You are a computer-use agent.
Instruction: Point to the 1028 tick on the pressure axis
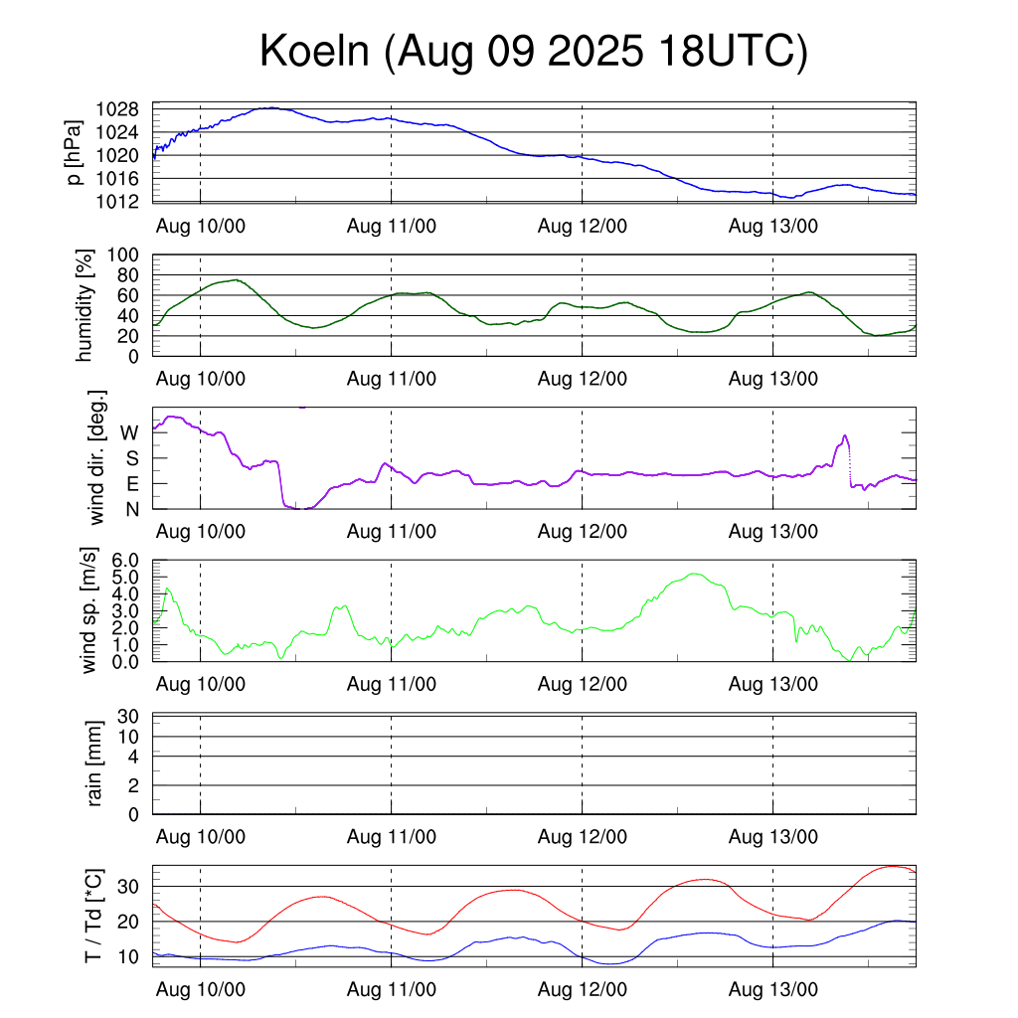pos(124,109)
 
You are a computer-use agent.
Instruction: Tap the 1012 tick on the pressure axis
pos(124,202)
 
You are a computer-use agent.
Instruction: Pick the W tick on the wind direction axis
pos(130,432)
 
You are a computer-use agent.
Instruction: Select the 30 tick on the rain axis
pos(130,716)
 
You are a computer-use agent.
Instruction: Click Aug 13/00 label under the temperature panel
pos(773,989)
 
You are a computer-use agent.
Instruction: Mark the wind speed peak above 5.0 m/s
pos(694,574)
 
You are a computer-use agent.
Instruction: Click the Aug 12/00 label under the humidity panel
pos(583,378)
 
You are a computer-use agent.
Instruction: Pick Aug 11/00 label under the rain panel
pos(392,837)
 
